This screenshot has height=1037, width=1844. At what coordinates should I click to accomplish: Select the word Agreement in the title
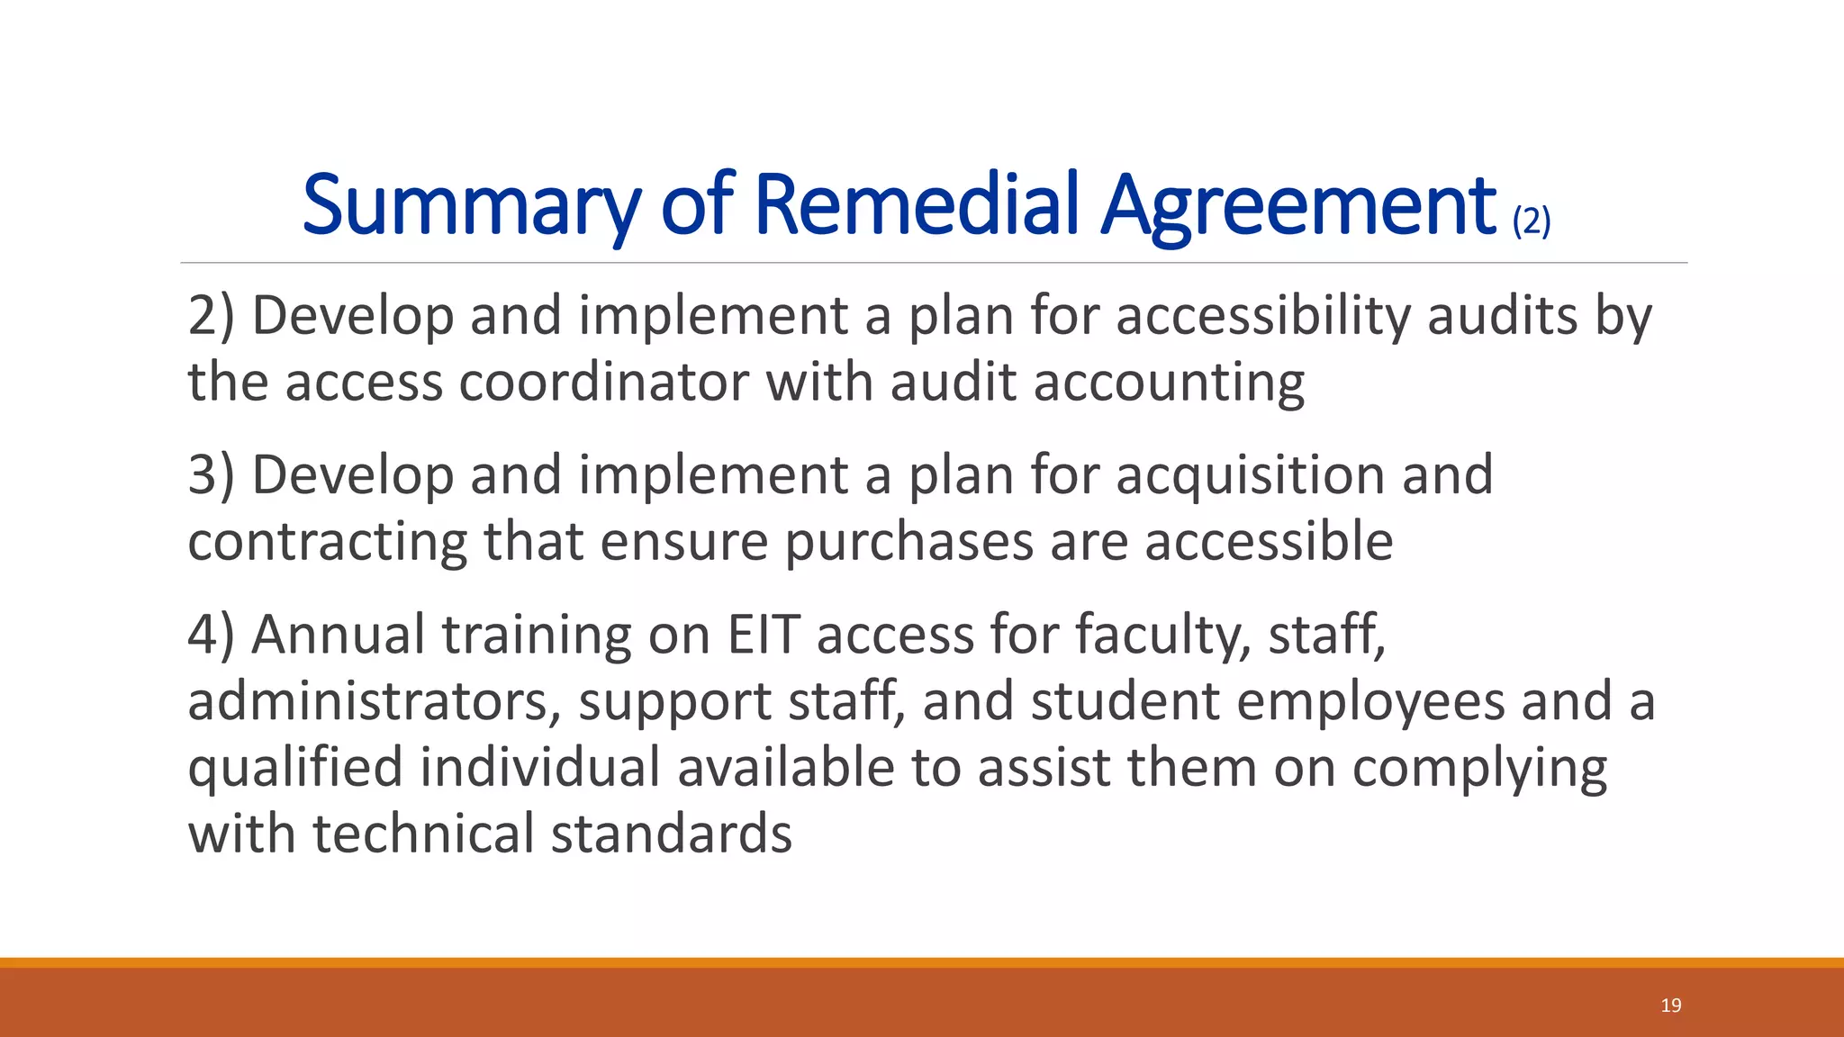1299,205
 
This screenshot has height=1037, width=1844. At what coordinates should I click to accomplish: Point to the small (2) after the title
1532,220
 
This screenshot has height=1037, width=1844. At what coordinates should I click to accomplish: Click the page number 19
1671,1005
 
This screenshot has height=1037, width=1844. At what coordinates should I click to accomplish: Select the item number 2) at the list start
211,316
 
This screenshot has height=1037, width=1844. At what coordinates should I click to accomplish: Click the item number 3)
211,475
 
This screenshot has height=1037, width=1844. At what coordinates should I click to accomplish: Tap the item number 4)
211,635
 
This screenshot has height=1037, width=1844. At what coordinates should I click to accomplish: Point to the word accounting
1169,383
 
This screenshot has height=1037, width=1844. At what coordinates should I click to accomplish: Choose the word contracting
327,542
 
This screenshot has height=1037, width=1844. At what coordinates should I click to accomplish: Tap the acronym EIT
764,635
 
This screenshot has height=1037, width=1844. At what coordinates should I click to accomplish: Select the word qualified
295,768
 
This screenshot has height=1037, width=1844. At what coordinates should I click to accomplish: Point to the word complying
1479,768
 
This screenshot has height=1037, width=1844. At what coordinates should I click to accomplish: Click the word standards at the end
672,834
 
